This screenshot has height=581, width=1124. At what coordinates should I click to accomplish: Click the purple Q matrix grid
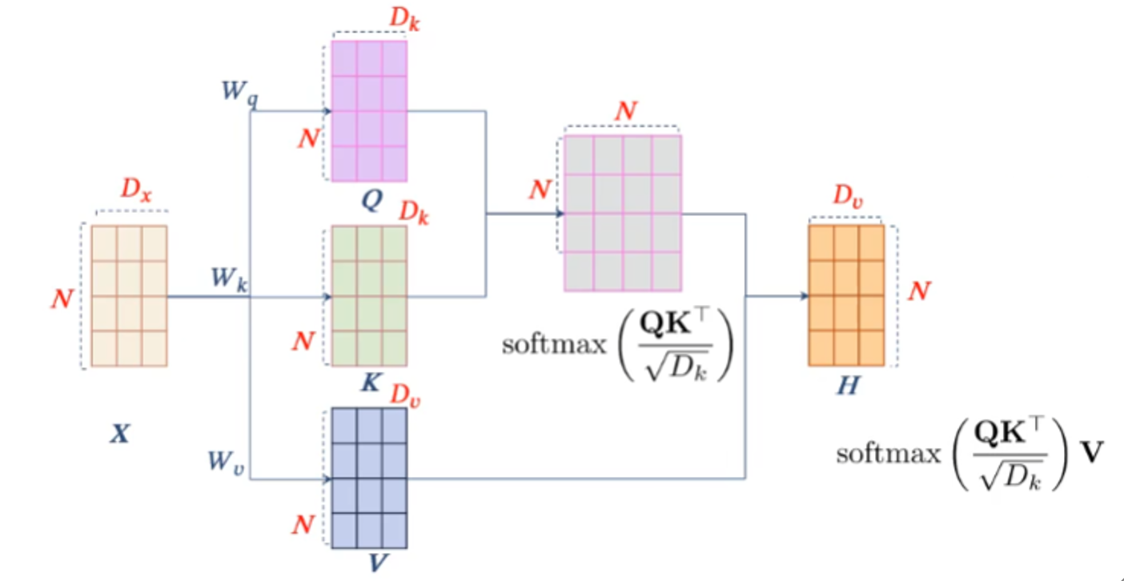[369, 110]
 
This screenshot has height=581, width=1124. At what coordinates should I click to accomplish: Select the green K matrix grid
[369, 296]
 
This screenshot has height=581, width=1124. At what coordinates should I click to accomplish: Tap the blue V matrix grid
[369, 478]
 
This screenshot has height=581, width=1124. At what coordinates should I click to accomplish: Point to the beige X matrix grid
[129, 296]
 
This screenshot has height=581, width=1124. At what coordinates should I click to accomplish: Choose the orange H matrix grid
[846, 295]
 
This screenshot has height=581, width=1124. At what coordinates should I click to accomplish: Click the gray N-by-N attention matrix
[623, 213]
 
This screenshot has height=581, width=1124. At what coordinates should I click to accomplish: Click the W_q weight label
[240, 90]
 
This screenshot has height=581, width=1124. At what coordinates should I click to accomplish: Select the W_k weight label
[229, 279]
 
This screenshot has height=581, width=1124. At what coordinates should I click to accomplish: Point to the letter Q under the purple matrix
[371, 200]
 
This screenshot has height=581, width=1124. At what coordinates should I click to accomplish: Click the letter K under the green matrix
[371, 382]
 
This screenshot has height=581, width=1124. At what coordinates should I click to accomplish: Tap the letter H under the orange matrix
[848, 387]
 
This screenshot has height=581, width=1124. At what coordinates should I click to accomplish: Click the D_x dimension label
[135, 190]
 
